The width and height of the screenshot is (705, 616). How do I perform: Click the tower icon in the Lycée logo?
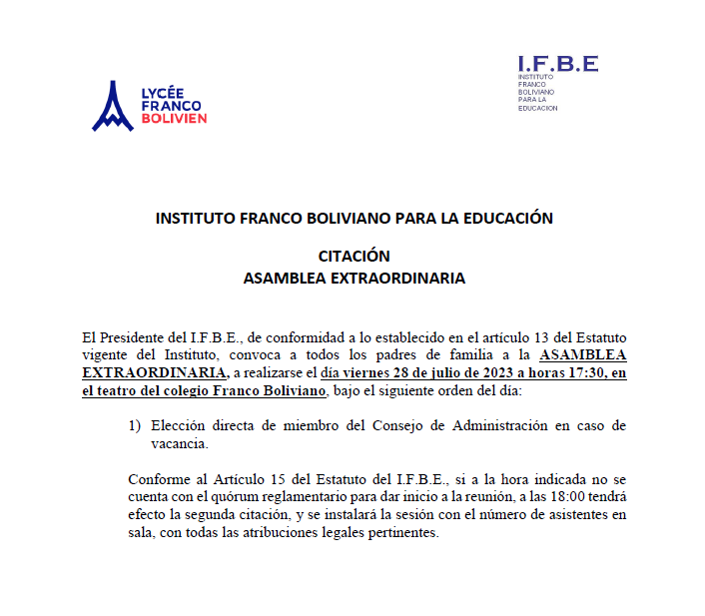112,107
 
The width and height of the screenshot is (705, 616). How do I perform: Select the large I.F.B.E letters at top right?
557,64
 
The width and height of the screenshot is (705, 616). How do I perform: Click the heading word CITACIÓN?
353,257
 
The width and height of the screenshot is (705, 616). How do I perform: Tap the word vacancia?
180,443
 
